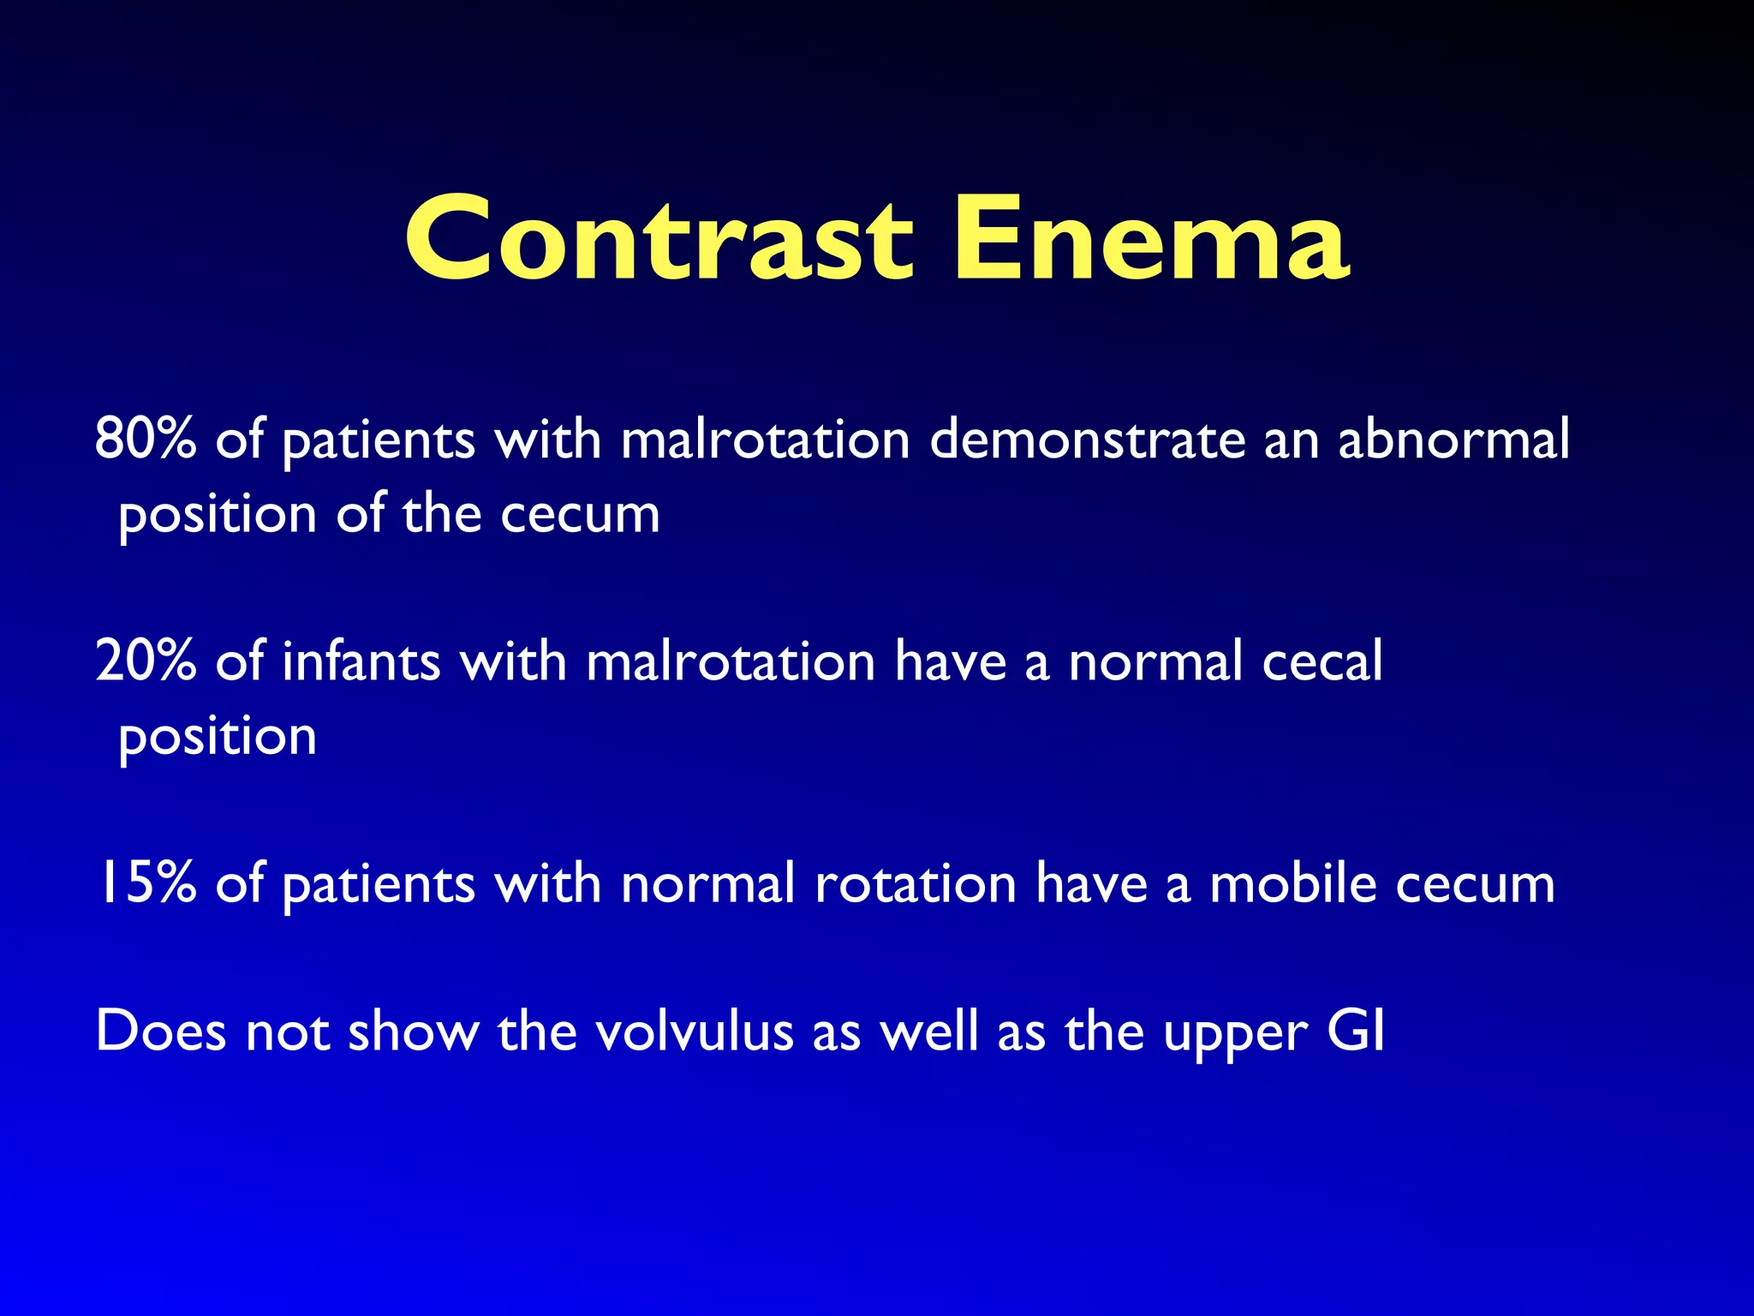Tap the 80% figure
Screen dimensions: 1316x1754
(146, 439)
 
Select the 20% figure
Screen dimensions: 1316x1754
(146, 661)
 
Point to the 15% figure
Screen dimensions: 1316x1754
(147, 883)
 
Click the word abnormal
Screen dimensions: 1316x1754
(1453, 439)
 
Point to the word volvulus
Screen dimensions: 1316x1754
(694, 1031)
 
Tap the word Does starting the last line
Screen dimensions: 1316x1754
(161, 1031)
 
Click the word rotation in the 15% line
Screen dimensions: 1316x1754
(915, 883)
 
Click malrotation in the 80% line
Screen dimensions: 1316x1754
(765, 439)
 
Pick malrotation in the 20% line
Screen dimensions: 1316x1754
(731, 661)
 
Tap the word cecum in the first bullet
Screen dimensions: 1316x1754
(580, 514)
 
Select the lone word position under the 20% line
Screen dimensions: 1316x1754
(218, 737)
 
